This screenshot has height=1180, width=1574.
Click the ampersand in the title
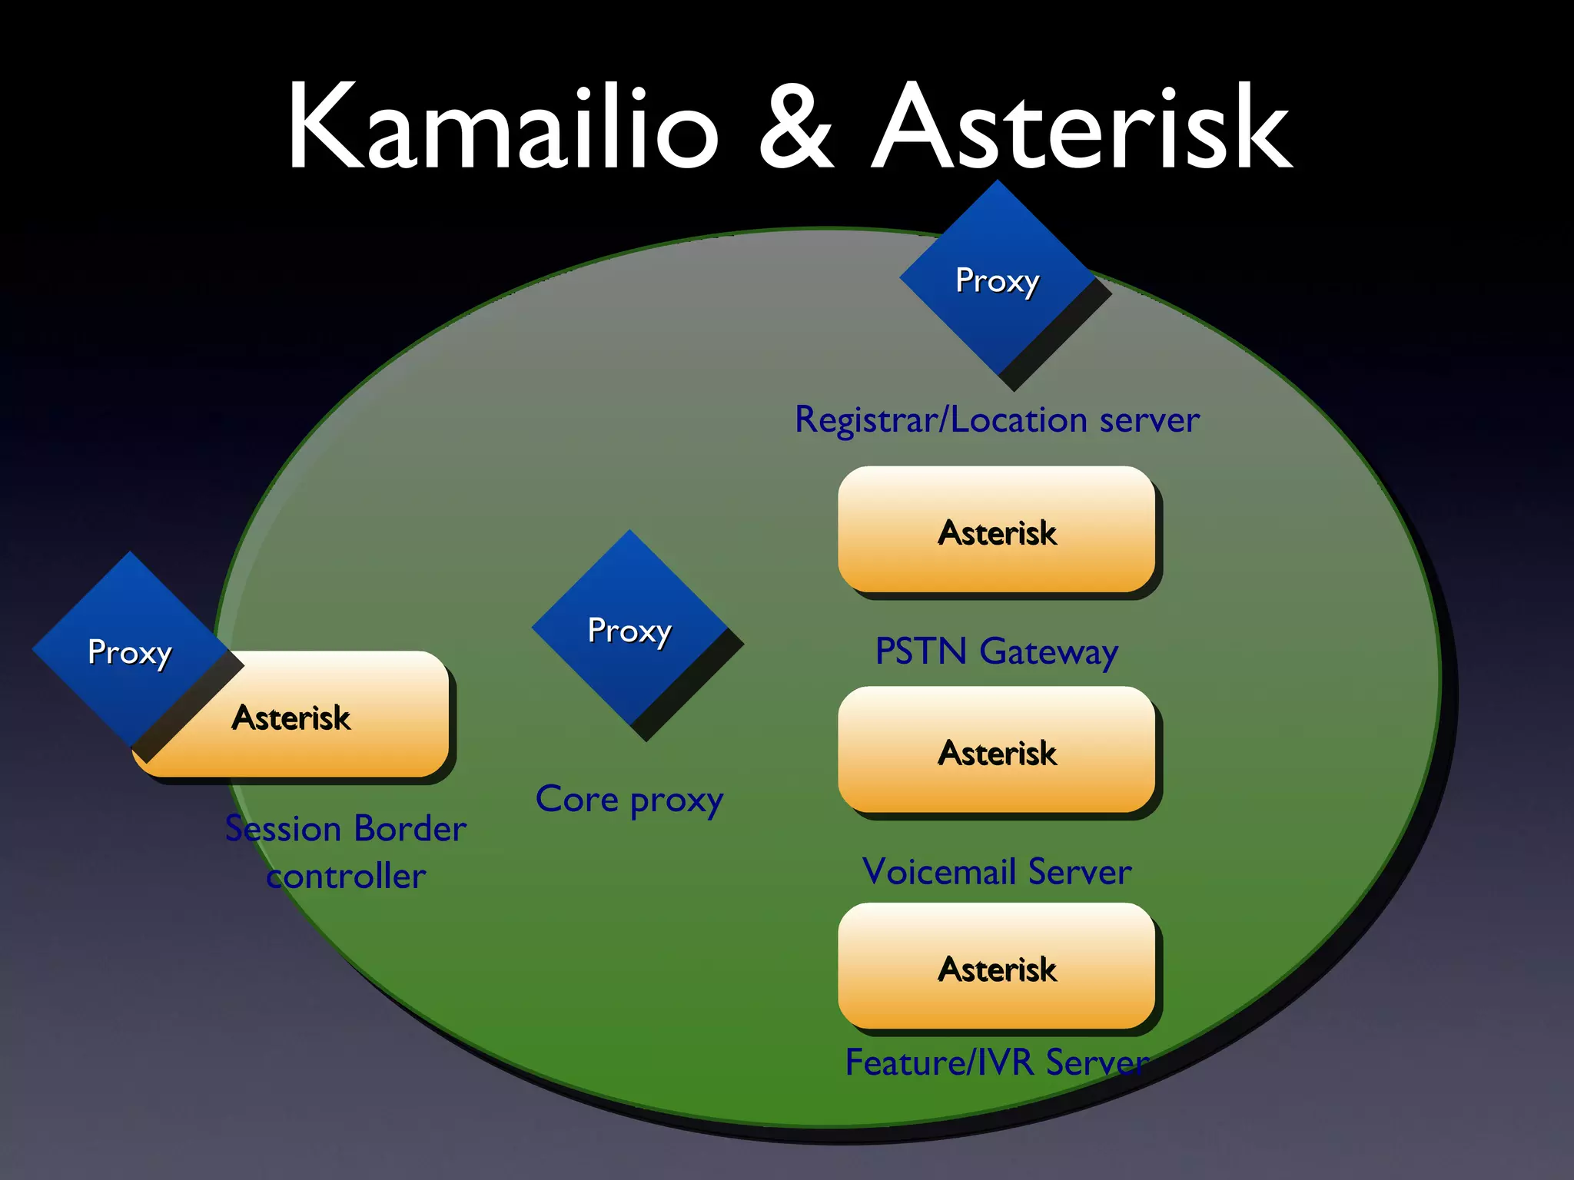point(795,127)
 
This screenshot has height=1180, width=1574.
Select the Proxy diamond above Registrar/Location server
point(998,281)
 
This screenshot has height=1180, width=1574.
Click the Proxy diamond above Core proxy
point(629,631)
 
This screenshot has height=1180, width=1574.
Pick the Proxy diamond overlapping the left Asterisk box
point(129,651)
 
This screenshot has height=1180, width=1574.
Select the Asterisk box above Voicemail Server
point(997,751)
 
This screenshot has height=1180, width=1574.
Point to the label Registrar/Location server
point(997,420)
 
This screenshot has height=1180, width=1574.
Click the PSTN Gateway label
point(997,652)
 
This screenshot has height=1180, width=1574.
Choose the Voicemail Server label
point(997,872)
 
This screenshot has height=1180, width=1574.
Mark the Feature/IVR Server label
point(997,1063)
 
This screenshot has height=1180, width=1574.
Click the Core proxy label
point(629,800)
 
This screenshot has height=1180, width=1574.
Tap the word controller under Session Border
point(346,877)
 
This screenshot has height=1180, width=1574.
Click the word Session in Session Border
point(283,830)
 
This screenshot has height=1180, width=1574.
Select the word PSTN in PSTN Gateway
point(921,652)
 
